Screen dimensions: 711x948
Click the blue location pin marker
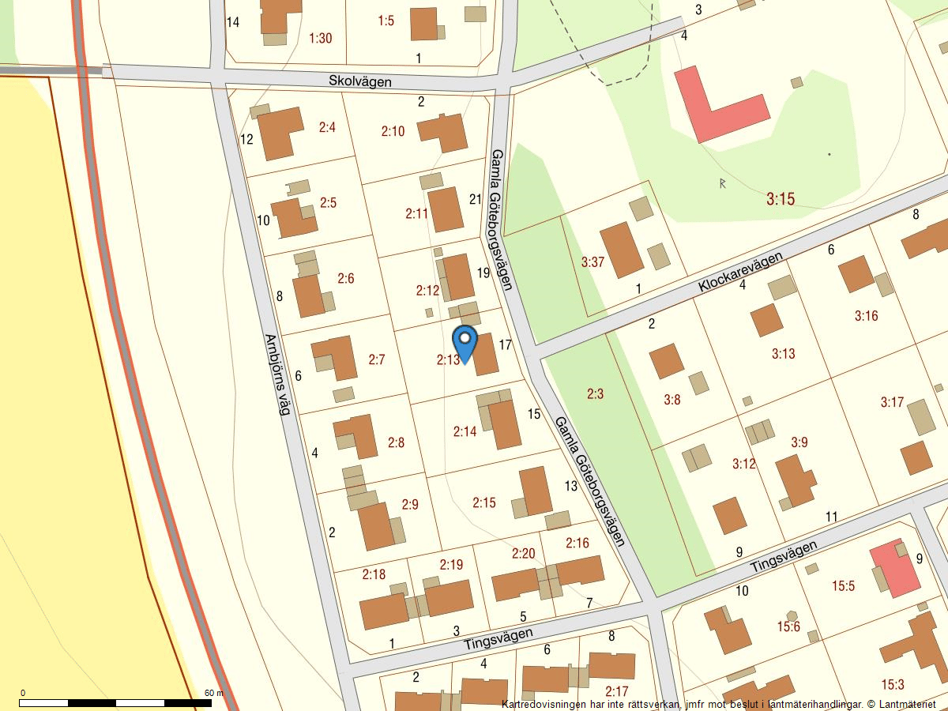point(465,342)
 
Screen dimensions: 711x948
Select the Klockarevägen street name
point(740,273)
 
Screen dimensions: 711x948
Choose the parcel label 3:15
point(780,199)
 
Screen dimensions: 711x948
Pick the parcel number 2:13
point(447,359)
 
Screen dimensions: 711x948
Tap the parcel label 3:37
point(592,261)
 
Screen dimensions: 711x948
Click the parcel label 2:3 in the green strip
point(595,393)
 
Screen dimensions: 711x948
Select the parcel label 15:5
point(844,586)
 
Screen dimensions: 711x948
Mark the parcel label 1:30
point(321,38)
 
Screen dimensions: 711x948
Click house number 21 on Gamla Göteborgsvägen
point(475,199)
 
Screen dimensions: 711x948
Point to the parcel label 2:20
point(524,553)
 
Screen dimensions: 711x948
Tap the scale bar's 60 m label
point(214,693)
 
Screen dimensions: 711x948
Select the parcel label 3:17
point(892,402)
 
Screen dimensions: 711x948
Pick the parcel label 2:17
point(616,693)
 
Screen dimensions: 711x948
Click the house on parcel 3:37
point(622,249)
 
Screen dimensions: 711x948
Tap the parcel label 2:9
point(410,504)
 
